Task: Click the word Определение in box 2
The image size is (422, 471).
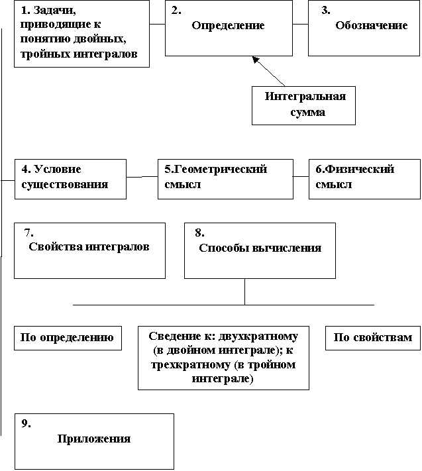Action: (228, 26)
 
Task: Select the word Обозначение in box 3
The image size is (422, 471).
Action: (371, 25)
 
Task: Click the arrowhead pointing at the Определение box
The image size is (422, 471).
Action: (256, 60)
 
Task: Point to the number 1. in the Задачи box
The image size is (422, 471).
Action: (26, 10)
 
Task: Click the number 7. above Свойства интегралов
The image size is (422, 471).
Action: (28, 233)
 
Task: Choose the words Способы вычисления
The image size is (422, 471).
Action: (260, 248)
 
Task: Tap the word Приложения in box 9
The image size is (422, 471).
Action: (94, 439)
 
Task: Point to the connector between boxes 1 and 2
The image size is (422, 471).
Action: (157, 24)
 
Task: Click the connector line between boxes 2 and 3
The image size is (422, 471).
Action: (300, 24)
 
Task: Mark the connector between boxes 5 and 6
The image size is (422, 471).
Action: (301, 176)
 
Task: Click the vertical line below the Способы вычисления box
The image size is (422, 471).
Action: (245, 291)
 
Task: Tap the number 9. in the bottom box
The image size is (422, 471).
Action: (26, 423)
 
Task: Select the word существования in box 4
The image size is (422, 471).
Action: (64, 184)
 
